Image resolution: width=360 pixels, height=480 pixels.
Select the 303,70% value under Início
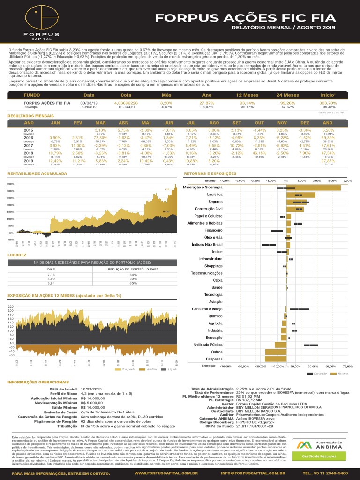tap(328, 103)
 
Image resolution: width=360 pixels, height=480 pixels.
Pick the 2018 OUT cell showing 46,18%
tap(259, 153)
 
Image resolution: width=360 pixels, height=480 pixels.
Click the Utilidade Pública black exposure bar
tap(311, 345)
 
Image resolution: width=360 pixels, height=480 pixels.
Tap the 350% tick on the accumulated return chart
tap(11, 184)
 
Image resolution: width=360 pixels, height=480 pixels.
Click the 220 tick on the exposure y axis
tap(11, 307)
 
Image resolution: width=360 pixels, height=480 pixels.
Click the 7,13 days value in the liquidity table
tap(51, 275)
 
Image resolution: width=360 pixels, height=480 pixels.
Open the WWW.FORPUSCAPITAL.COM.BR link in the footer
tap(166, 473)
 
